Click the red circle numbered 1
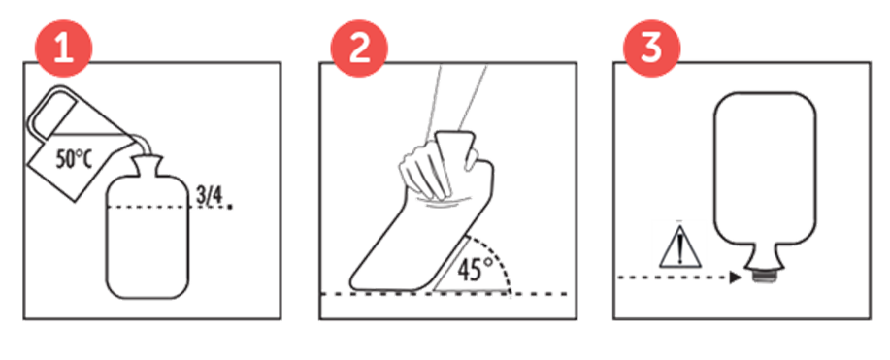tap(64, 49)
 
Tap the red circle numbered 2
tap(359, 49)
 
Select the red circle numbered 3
tap(651, 49)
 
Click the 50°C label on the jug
tap(74, 161)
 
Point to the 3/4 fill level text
tap(209, 195)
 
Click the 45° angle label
tap(471, 271)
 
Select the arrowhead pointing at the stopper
tap(737, 278)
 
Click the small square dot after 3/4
tap(229, 208)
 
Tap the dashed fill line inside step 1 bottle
tap(150, 208)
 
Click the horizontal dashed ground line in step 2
tap(444, 294)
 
